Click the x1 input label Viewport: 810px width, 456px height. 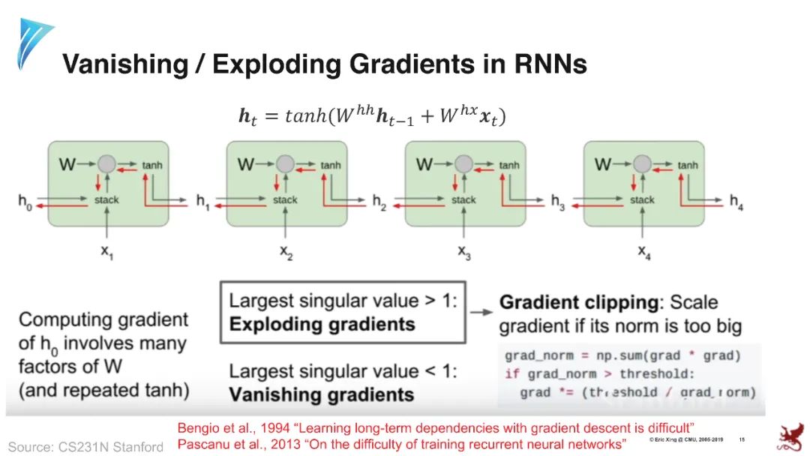click(x=107, y=253)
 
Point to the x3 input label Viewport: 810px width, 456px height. click(x=464, y=253)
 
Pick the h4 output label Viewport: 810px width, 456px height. click(x=738, y=200)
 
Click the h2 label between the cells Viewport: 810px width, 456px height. click(x=381, y=200)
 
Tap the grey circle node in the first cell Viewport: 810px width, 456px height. click(x=106, y=163)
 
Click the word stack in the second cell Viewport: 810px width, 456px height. click(x=285, y=200)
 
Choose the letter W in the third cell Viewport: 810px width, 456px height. click(x=424, y=163)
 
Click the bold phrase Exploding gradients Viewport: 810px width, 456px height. click(x=322, y=325)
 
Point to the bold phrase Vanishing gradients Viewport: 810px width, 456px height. click(x=321, y=394)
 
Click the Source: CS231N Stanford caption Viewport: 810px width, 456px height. click(x=85, y=447)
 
